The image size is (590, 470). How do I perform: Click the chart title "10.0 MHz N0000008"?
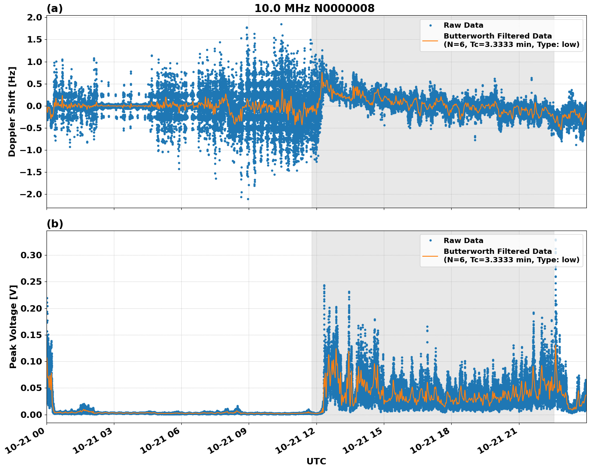click(x=314, y=8)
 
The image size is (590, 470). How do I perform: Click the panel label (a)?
click(x=55, y=8)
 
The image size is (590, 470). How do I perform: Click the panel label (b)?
click(x=55, y=224)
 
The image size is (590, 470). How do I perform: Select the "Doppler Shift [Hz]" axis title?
click(x=12, y=111)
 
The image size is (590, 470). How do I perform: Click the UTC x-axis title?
click(x=316, y=461)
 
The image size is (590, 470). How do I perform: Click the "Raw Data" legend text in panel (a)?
click(x=463, y=26)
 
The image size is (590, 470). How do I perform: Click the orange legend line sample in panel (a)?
click(x=430, y=41)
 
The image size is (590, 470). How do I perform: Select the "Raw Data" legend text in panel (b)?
click(x=463, y=241)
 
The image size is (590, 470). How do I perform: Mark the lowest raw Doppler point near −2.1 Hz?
click(x=248, y=199)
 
